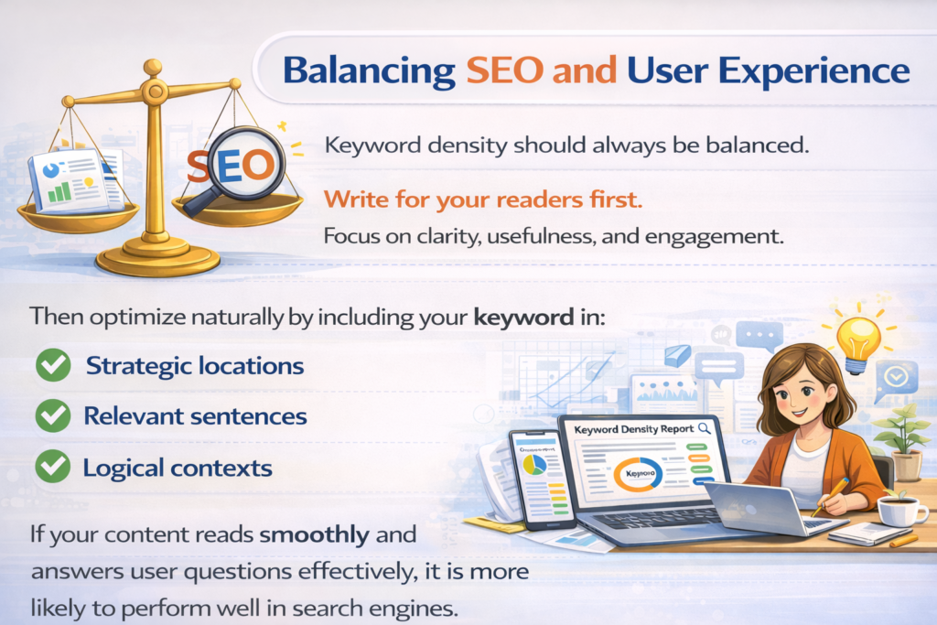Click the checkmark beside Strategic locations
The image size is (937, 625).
[x=53, y=366]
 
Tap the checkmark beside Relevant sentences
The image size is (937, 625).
[x=53, y=416]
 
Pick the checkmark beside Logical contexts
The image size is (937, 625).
[x=53, y=468]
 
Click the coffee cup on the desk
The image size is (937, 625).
[x=899, y=510]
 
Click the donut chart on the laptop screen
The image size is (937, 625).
[x=633, y=472]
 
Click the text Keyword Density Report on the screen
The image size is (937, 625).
[x=632, y=428]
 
